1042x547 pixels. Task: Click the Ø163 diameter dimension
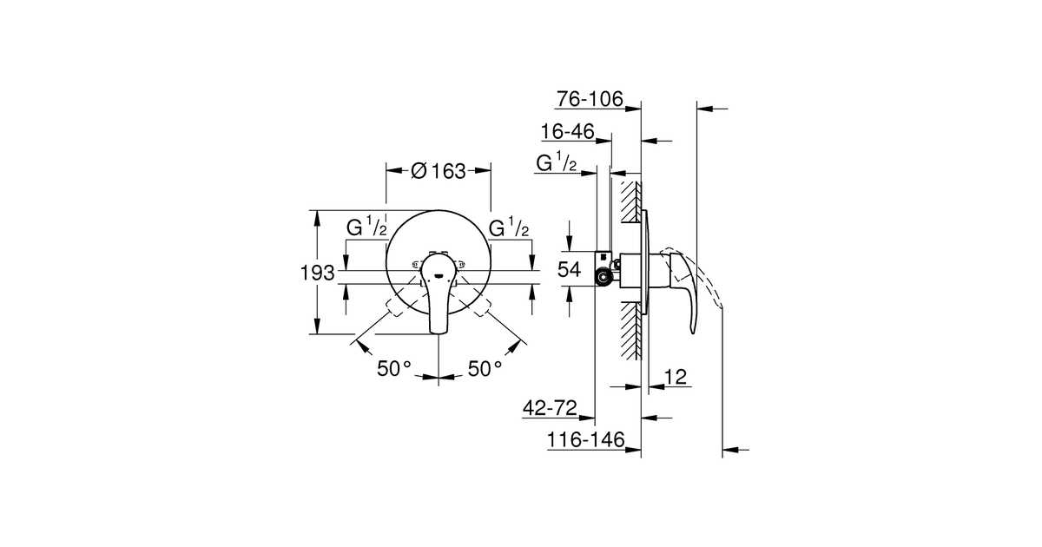438,171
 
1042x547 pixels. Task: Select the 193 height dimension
318,273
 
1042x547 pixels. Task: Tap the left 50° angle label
393,368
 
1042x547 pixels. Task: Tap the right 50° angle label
485,368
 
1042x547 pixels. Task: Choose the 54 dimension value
569,270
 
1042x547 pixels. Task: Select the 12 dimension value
675,376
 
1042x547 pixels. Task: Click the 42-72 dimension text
551,408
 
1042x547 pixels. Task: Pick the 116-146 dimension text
586,440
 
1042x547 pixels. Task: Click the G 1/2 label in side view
556,162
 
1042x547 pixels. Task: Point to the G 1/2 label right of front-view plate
510,228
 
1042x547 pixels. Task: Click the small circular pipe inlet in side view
601,278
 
